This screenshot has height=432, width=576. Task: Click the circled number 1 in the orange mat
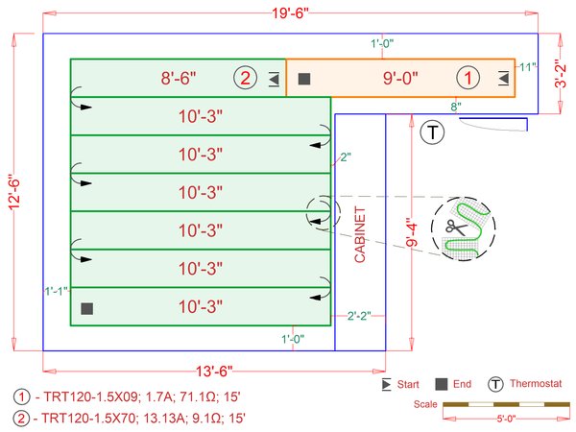(467, 78)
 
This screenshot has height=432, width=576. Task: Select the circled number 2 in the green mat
(245, 78)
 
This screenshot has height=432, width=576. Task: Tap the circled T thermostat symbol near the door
(433, 132)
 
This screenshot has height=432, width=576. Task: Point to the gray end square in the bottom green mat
(87, 308)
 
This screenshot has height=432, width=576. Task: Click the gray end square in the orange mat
(304, 79)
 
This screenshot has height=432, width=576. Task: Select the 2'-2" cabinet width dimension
(359, 314)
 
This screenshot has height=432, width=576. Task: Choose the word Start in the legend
(407, 384)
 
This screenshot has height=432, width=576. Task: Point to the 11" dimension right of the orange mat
(526, 68)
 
